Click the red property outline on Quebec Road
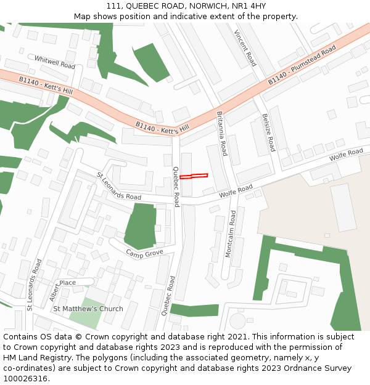(194, 176)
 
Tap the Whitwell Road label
(55, 62)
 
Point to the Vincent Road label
(245, 48)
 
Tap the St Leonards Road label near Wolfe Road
(119, 186)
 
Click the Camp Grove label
(145, 253)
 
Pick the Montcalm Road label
(231, 234)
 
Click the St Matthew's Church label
(88, 309)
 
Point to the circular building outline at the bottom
(237, 321)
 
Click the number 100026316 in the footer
(26, 378)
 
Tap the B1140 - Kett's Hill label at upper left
(46, 86)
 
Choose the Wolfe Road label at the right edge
(346, 155)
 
